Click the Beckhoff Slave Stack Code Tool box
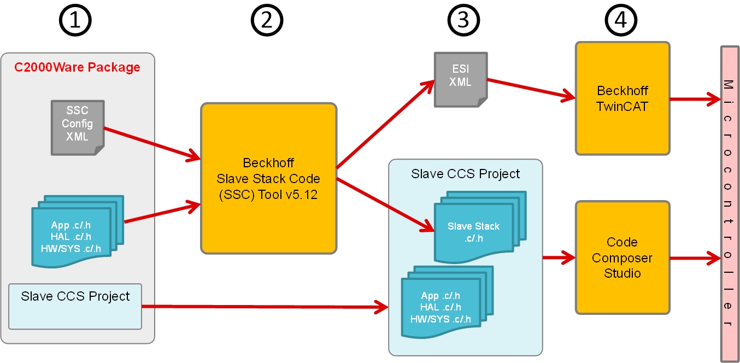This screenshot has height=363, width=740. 268,178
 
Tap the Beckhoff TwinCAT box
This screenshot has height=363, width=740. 622,98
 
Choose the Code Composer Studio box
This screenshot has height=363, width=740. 622,257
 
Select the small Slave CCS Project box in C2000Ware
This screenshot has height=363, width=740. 75,306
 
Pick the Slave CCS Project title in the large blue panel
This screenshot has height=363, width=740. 465,174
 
